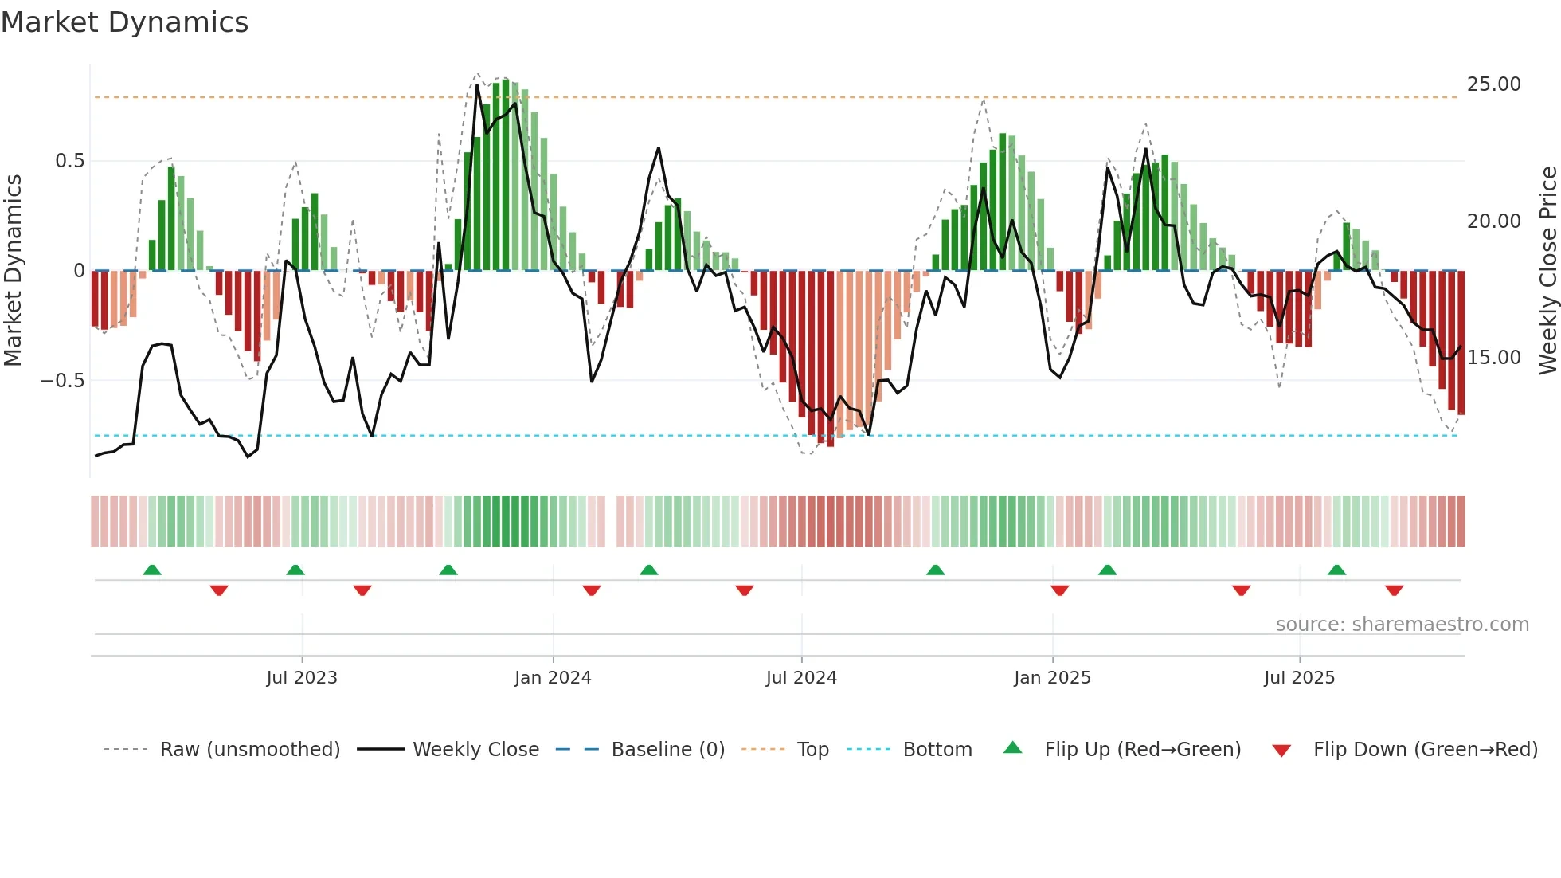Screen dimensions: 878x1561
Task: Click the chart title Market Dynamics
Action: [124, 22]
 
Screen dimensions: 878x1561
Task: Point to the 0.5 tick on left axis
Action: [70, 161]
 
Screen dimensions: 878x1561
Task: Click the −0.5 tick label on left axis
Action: [62, 381]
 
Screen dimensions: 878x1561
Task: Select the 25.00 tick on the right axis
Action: [1493, 84]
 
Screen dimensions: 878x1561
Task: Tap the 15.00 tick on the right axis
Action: [1493, 358]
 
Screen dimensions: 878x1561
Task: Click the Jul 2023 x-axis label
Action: [302, 678]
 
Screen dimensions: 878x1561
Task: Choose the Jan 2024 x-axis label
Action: [553, 678]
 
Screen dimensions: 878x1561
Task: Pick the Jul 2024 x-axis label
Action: [801, 678]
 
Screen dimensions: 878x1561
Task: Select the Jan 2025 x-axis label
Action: [1052, 678]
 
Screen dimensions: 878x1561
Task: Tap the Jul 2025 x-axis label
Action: [1299, 678]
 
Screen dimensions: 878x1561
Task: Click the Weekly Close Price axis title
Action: [1547, 271]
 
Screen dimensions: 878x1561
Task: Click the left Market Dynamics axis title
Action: [13, 271]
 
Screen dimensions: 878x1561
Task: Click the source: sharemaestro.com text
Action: [1402, 625]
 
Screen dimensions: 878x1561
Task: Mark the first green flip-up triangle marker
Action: [152, 570]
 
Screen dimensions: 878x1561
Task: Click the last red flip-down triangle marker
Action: [1394, 590]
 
